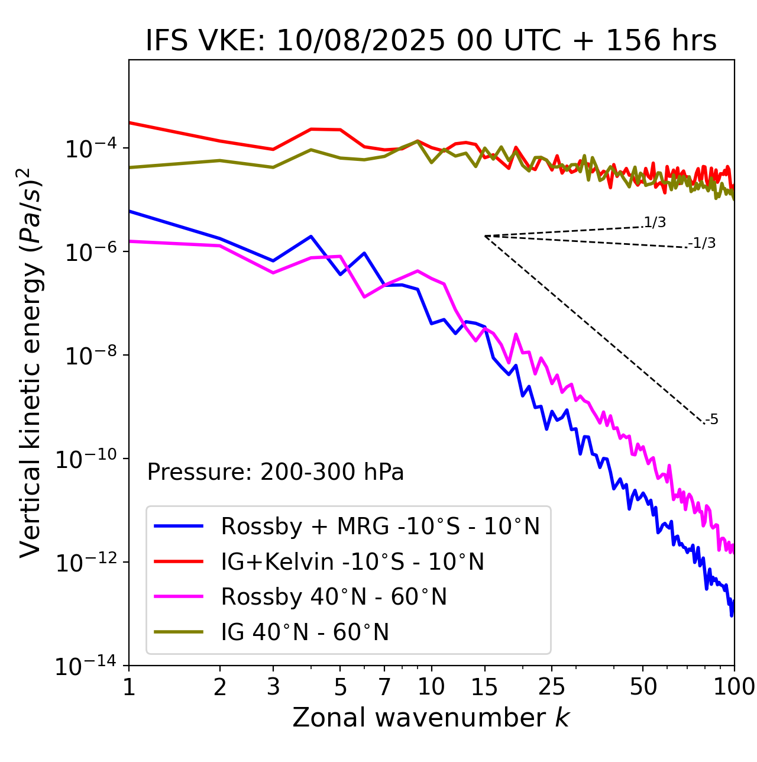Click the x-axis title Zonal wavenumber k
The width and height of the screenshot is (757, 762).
(431, 717)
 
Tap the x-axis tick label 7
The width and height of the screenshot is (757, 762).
(385, 687)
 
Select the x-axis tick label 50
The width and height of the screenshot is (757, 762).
(643, 687)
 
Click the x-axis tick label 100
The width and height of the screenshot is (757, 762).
(734, 687)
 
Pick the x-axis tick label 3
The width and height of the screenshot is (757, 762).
(273, 687)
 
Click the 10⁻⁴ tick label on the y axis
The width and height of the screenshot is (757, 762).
(90, 148)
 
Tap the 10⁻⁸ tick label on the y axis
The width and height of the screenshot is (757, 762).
(90, 355)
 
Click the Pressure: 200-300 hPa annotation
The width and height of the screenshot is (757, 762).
(276, 472)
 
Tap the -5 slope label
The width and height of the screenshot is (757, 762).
(711, 419)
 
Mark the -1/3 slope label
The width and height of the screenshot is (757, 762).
(703, 243)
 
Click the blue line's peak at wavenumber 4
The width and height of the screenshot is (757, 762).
(311, 236)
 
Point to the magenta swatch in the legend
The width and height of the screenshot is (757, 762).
(179, 596)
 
